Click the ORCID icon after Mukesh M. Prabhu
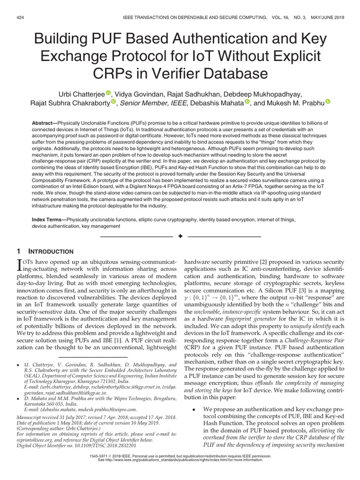tap(328, 103)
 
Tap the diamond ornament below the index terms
tap(180, 236)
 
